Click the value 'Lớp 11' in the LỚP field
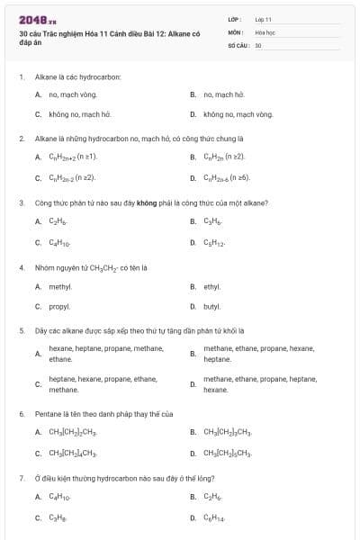point(264,18)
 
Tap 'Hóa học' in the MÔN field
point(265,31)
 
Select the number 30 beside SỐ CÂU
point(258,44)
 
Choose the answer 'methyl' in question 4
point(60,286)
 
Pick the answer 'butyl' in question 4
point(211,306)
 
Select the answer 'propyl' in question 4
point(59,306)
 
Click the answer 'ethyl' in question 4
point(211,286)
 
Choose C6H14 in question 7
point(216,517)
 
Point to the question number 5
point(21,330)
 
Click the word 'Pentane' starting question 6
point(47,413)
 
